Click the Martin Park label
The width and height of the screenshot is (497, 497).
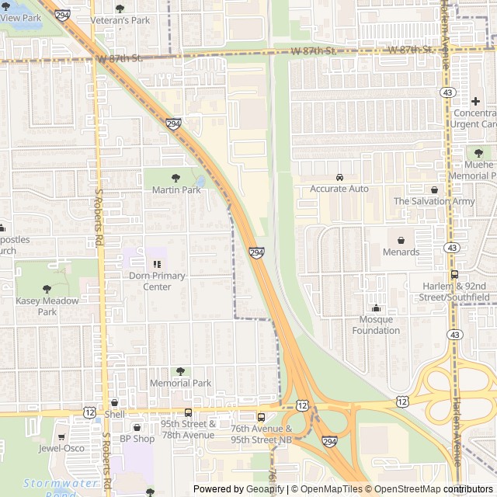pyautogui.click(x=176, y=189)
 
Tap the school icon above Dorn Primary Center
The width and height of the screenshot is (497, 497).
pyautogui.click(x=157, y=264)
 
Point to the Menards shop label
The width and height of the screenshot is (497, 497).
pyautogui.click(x=401, y=252)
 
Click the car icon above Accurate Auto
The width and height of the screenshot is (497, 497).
pyautogui.click(x=339, y=177)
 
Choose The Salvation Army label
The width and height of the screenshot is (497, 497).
pyautogui.click(x=433, y=201)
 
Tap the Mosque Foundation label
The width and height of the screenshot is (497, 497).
pyautogui.click(x=376, y=325)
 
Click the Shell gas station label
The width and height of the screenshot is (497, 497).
pyautogui.click(x=114, y=414)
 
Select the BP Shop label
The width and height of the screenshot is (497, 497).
pyautogui.click(x=137, y=439)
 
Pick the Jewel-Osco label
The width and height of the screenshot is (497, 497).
pyautogui.click(x=61, y=448)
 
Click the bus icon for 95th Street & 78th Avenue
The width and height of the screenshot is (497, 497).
pyautogui.click(x=188, y=412)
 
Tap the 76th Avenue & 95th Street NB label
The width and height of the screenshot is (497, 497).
pyautogui.click(x=261, y=433)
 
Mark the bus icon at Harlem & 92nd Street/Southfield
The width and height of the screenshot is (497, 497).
pyautogui.click(x=454, y=274)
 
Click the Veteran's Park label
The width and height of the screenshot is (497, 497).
pyautogui.click(x=120, y=20)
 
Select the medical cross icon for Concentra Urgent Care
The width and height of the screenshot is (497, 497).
pyautogui.click(x=475, y=102)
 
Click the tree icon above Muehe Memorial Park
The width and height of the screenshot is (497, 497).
pyautogui.click(x=478, y=153)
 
